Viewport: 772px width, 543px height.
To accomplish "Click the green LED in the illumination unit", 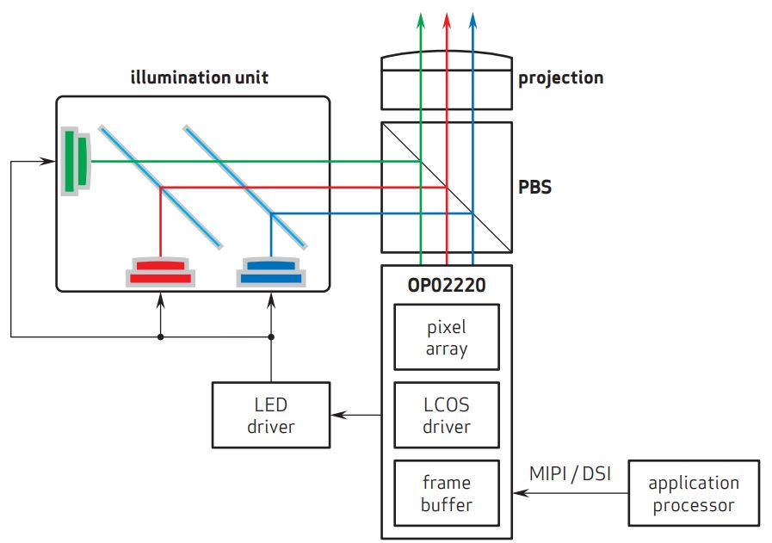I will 75,161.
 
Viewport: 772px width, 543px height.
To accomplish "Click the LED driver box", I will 271,415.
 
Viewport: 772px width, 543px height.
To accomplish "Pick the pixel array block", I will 446,338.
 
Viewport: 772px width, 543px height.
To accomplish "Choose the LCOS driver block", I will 446,415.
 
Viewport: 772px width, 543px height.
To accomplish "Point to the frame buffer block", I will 446,493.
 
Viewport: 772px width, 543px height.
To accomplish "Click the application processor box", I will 694,493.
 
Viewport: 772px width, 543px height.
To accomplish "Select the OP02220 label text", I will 446,285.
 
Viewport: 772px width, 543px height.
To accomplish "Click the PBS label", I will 534,186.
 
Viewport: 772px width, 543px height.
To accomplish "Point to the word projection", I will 560,78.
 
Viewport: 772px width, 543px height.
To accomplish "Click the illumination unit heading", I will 199,78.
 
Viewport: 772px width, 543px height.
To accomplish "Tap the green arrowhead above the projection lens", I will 420,18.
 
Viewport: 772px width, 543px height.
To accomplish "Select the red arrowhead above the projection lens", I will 447,18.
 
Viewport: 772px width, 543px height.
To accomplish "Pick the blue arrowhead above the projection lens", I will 472,18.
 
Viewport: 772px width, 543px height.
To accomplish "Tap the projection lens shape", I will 446,80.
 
